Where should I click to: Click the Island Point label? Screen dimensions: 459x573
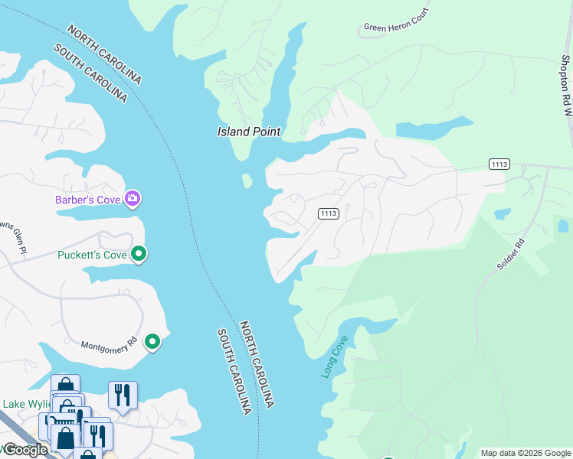click(248, 132)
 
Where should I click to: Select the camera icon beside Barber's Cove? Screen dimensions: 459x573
click(133, 200)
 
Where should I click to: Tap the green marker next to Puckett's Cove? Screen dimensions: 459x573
click(139, 253)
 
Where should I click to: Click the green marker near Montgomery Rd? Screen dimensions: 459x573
click(152, 341)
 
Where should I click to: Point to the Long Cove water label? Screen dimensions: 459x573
click(335, 356)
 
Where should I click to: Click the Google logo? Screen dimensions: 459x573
click(25, 450)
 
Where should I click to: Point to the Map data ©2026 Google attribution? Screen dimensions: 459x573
click(525, 453)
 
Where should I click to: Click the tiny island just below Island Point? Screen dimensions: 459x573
click(247, 181)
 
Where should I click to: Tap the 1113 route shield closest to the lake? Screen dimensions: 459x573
click(329, 213)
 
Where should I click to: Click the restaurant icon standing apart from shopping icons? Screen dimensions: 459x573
click(122, 395)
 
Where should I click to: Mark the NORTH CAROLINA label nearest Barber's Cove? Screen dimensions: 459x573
click(105, 54)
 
